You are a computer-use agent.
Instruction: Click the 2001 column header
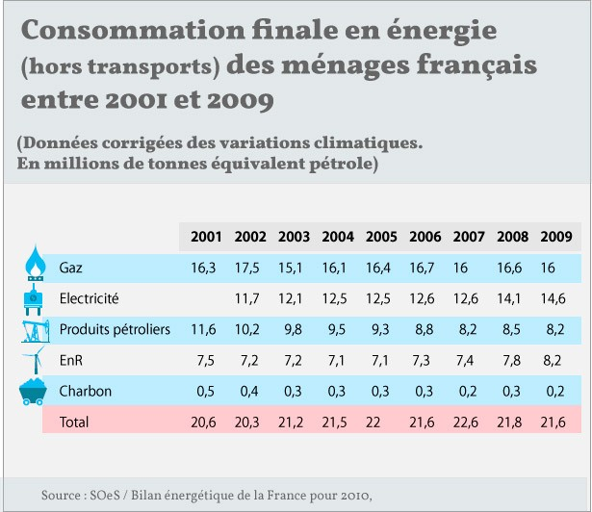[207, 237]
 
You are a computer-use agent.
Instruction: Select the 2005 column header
[382, 237]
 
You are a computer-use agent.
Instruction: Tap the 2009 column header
[556, 237]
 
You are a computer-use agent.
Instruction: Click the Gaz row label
[71, 268]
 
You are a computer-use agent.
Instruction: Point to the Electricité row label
[89, 298]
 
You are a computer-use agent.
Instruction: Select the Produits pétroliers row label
[115, 329]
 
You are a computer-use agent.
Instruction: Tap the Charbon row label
[86, 391]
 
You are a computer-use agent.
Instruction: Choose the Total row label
[74, 422]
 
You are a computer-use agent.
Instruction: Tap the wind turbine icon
[36, 360]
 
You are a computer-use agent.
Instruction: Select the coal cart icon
[36, 393]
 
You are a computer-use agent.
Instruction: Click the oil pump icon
[36, 329]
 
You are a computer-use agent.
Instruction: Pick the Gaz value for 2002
[250, 268]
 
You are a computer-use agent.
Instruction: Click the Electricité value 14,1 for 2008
[512, 298]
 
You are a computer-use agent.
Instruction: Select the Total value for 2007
[469, 422]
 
